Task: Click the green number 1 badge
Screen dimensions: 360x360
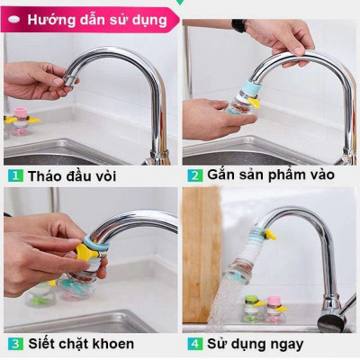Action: [16, 175]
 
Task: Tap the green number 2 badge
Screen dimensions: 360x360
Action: [194, 174]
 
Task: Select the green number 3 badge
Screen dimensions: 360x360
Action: [16, 343]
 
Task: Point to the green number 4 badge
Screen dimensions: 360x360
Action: [194, 343]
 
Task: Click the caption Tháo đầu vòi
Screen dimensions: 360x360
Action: [72, 175]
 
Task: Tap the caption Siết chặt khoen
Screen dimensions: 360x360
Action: [80, 343]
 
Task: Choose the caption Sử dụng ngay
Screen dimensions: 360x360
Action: [255, 343]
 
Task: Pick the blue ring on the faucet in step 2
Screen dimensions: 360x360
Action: [245, 89]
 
